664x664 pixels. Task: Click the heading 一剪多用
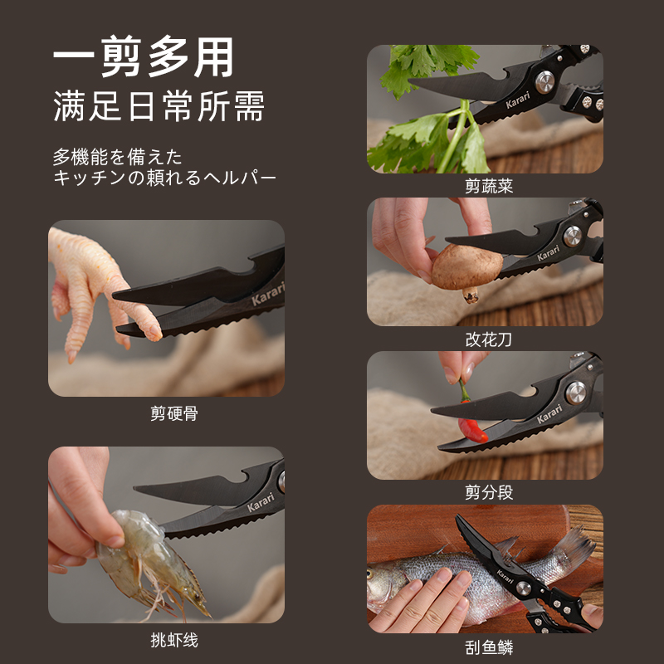(143, 58)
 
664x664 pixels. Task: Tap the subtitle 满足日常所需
(159, 108)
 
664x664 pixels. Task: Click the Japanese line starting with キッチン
(164, 178)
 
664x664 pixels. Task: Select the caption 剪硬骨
(173, 413)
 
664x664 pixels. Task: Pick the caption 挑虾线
(173, 640)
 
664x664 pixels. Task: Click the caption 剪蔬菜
(489, 187)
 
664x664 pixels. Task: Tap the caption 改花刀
(489, 339)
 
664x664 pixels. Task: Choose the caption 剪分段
(489, 492)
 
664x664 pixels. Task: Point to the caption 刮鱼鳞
(489, 647)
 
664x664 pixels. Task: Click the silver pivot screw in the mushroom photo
(572, 236)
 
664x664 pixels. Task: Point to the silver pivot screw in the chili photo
(575, 391)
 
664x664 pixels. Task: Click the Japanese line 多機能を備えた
(117, 156)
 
